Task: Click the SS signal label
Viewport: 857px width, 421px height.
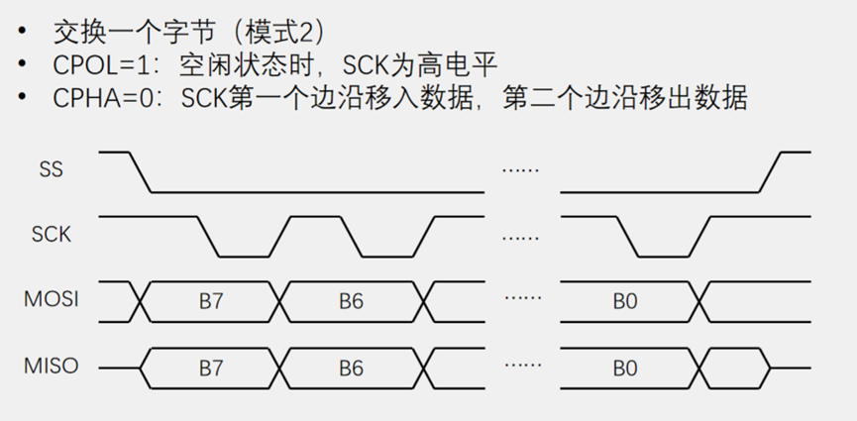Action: point(51,169)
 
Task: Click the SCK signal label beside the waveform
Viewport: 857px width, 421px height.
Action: point(51,235)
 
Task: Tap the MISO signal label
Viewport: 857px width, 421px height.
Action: point(51,367)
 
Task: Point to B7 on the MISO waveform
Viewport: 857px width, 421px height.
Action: point(211,368)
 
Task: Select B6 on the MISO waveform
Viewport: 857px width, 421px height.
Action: point(351,368)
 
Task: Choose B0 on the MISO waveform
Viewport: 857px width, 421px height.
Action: point(624,368)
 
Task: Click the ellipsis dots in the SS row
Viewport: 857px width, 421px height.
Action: point(520,170)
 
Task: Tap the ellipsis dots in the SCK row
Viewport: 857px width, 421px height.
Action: point(520,237)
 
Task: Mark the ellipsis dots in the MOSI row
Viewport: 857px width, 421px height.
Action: point(520,298)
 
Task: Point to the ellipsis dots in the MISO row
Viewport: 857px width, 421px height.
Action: point(520,365)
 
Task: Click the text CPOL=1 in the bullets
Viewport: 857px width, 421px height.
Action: point(98,65)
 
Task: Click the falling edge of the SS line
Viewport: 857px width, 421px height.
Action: point(140,172)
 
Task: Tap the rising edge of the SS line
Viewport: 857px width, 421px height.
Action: point(772,172)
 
